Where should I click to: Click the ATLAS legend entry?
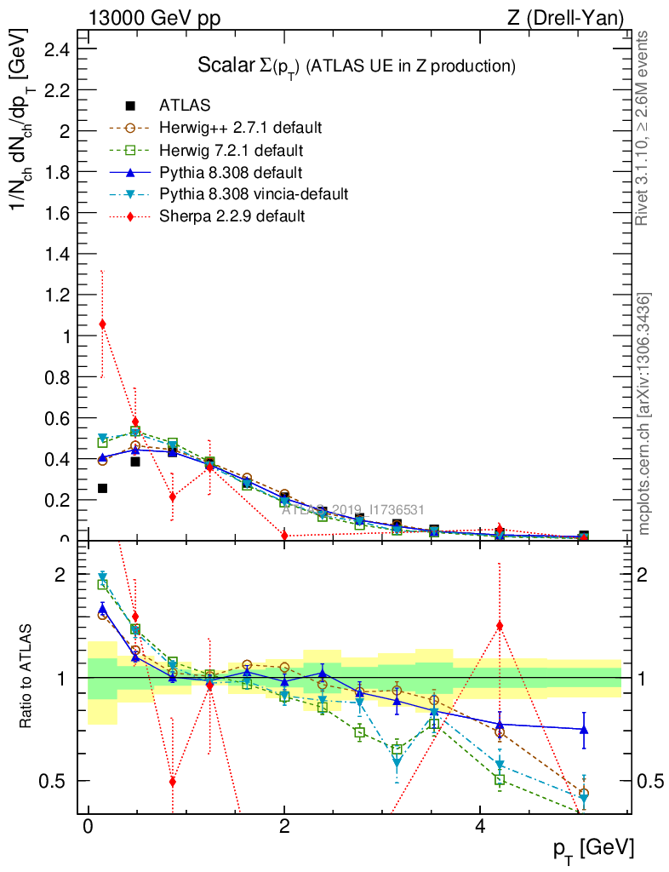coord(185,106)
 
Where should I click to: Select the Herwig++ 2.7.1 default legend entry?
coord(240,129)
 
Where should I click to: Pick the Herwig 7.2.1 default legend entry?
coord(232,151)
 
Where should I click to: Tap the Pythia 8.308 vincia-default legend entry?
coord(254,194)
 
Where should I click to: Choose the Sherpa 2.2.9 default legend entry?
coord(232,216)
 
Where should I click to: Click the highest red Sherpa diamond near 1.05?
coord(103,324)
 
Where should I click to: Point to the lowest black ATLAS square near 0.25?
coord(103,488)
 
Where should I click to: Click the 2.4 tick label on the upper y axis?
coord(59,49)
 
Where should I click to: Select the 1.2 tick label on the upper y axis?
coord(59,295)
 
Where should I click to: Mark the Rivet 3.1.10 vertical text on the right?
coord(643,128)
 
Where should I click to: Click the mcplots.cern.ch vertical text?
coord(644,415)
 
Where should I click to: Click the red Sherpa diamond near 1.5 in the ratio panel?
coord(500,626)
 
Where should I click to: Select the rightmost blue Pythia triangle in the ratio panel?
coord(584,729)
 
